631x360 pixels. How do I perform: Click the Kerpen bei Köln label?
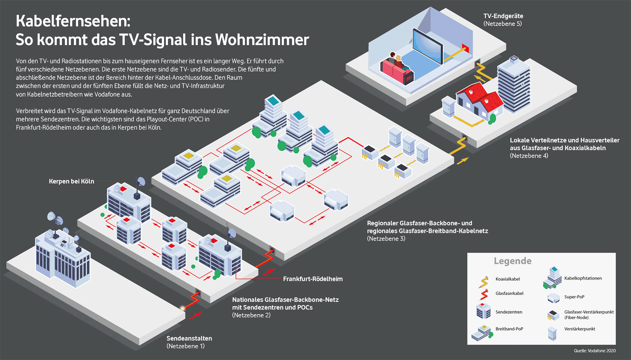tap(71, 181)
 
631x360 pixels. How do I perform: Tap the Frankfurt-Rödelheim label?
tap(313, 279)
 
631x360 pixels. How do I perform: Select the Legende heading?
tap(512, 261)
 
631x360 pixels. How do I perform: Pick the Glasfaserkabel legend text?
tap(509, 293)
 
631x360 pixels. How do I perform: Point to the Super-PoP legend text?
tap(574, 297)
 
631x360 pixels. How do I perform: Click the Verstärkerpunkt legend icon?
tap(552, 333)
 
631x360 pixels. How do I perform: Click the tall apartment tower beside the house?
tap(514, 85)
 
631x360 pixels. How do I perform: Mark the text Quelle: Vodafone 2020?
tap(595, 351)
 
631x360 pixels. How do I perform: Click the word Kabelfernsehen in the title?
tap(73, 21)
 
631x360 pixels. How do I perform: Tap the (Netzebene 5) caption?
tap(502, 24)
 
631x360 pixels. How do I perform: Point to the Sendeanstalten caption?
tap(189, 338)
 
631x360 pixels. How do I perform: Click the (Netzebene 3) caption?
tap(386, 239)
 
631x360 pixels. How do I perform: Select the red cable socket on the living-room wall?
tap(465, 48)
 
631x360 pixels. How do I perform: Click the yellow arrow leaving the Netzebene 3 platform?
tap(462, 161)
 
